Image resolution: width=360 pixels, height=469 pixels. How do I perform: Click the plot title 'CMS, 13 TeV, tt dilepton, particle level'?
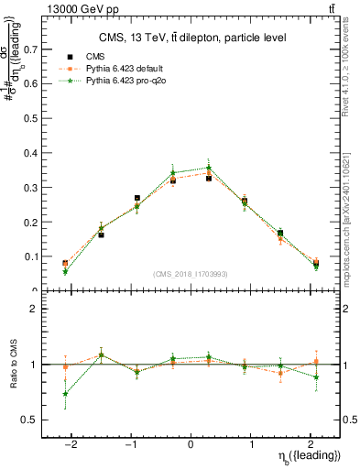pyautogui.click(x=192, y=38)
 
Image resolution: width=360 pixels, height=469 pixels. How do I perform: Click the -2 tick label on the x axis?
pyautogui.click(x=71, y=445)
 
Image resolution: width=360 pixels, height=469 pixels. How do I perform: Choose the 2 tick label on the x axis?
pyautogui.click(x=309, y=445)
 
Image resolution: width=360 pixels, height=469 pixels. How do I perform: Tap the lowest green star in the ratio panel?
pyautogui.click(x=65, y=394)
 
